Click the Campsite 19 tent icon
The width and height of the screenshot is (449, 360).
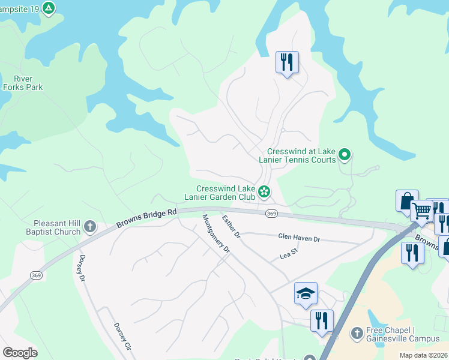tap(49, 8)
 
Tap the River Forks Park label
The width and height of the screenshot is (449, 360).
tap(23, 83)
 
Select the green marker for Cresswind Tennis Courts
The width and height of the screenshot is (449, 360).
tap(345, 155)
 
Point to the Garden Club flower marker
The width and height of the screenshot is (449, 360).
tap(264, 193)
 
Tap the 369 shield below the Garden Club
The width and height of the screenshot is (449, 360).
tap(271, 214)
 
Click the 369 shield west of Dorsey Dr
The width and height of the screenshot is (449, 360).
tap(37, 275)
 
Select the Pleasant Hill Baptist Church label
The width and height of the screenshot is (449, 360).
tap(53, 227)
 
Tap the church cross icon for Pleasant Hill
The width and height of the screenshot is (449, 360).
tap(90, 227)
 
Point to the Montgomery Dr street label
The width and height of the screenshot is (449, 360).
tap(216, 233)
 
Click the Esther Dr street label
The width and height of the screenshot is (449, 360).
tap(231, 227)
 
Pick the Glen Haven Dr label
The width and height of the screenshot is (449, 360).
tap(299, 238)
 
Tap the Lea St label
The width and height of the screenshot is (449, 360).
tap(289, 256)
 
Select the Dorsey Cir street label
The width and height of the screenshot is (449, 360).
tap(122, 337)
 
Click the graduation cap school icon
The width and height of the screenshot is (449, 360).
tap(306, 293)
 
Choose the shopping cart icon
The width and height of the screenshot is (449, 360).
tap(422, 211)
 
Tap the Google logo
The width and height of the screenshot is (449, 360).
tap(20, 353)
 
